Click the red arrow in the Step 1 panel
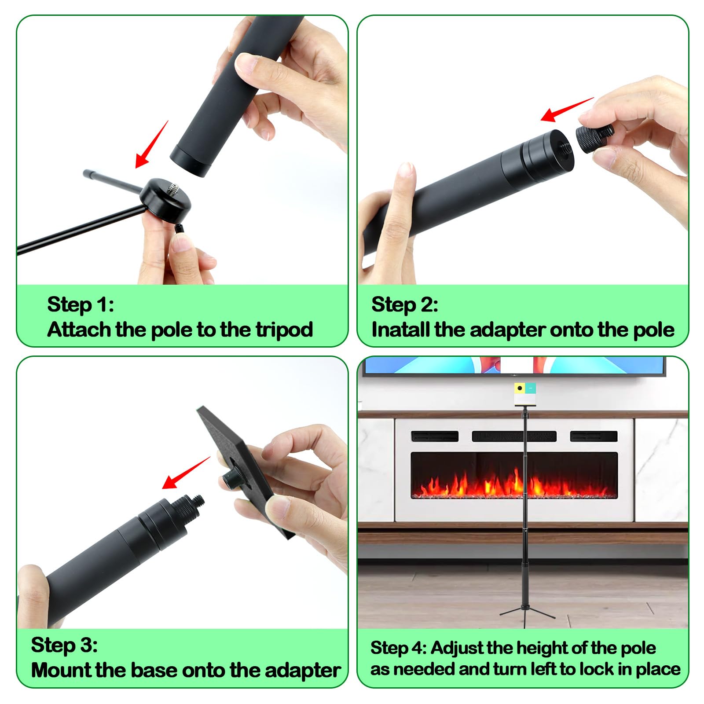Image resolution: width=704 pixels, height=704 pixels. (x=151, y=144)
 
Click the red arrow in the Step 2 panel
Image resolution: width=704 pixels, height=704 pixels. (x=567, y=110)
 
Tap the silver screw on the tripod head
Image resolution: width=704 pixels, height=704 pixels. (x=172, y=188)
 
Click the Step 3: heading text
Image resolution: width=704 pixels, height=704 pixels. (x=64, y=645)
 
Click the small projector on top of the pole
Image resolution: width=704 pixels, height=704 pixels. (x=525, y=394)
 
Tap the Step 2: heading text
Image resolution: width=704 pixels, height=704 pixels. (x=405, y=304)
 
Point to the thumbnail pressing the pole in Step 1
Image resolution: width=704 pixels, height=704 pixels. (x=249, y=64)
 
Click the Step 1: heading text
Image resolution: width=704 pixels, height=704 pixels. (x=81, y=304)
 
